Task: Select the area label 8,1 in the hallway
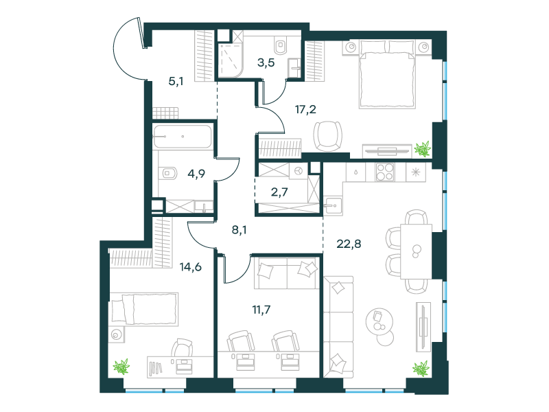(239, 231)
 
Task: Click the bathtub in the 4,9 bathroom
(182, 137)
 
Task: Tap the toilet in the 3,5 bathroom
(279, 45)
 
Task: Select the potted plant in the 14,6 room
(121, 367)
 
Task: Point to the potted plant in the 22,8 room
(420, 369)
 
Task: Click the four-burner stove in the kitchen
(385, 172)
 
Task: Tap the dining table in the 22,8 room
(416, 251)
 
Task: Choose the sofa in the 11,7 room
(285, 273)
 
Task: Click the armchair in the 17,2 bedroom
(327, 135)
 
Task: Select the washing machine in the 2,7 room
(298, 171)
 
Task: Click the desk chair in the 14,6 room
(183, 350)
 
